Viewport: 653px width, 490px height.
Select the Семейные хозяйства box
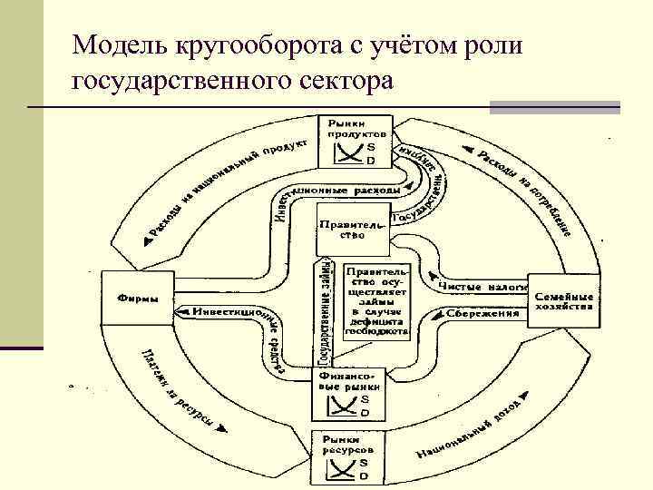click(563, 301)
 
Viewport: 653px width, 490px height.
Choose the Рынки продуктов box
click(355, 140)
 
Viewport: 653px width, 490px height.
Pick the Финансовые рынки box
click(353, 392)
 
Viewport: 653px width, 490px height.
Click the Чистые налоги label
click(482, 286)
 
